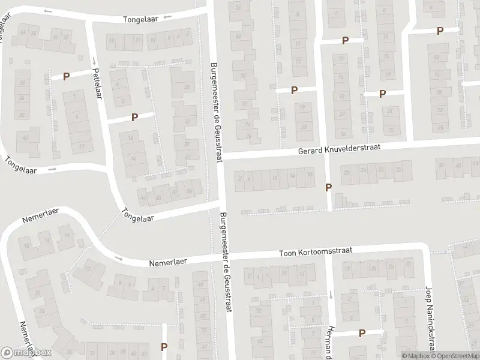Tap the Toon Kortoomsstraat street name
315,253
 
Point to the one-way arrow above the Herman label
331,295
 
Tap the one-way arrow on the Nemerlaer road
118,259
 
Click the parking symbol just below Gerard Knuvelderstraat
328,187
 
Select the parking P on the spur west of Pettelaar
66,76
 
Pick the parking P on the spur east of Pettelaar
134,118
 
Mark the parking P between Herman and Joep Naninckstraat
362,332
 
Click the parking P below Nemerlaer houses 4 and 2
164,346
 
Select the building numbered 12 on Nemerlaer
88,268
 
